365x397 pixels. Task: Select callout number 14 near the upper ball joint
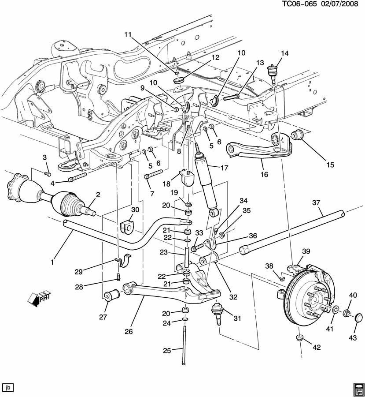[x=284, y=53]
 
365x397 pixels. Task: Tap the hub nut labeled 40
[x=346, y=313]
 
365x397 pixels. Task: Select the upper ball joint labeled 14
[x=273, y=71]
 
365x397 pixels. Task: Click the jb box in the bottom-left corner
[x=8, y=388]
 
